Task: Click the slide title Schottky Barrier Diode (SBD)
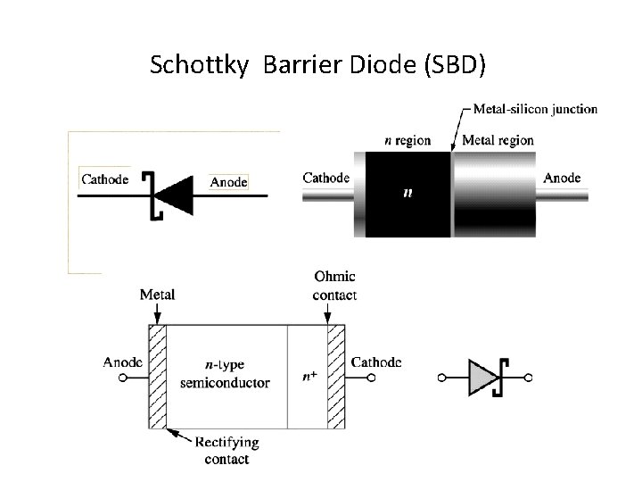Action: [x=317, y=64]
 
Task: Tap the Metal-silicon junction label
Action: [x=535, y=110]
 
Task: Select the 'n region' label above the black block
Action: [x=407, y=140]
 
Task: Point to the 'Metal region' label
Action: [x=498, y=140]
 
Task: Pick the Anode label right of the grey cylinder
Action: [x=562, y=178]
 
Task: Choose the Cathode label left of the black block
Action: [x=326, y=178]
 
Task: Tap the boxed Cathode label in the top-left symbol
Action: [x=105, y=178]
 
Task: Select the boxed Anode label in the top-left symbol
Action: [x=228, y=182]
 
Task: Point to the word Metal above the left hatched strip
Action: [x=158, y=294]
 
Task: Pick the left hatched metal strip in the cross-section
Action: [x=158, y=376]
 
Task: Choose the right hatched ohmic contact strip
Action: [x=336, y=376]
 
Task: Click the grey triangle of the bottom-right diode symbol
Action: [x=480, y=378]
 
